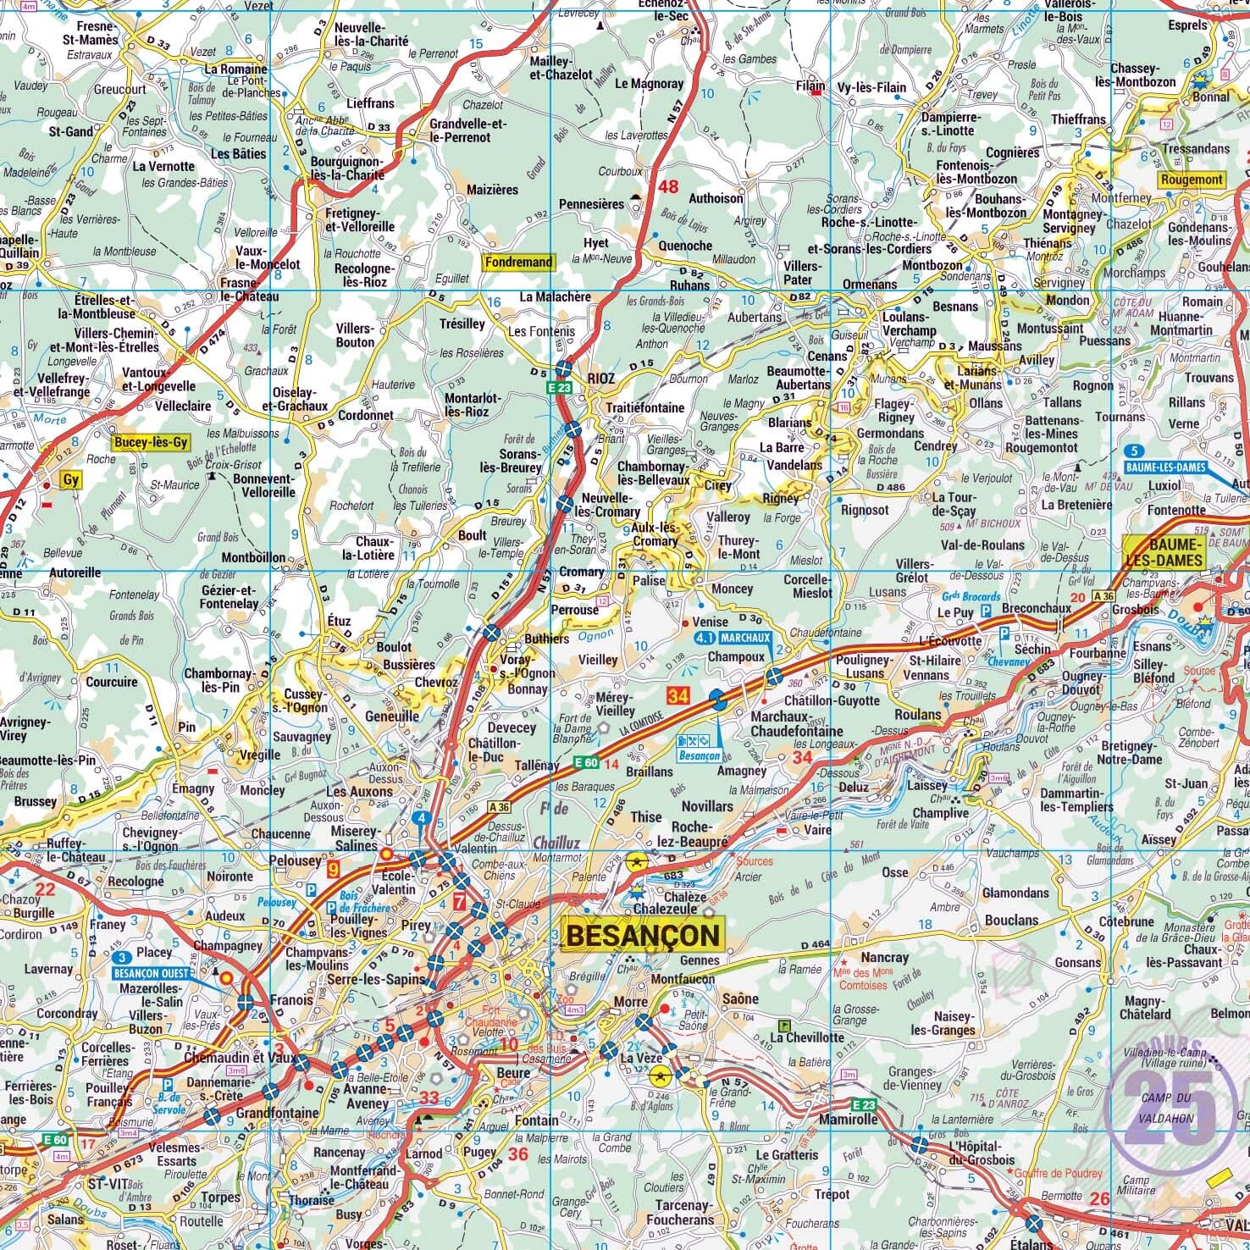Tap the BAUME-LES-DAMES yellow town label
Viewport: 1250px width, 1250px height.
pyautogui.click(x=1174, y=551)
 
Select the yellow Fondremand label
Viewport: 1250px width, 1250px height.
pyautogui.click(x=517, y=263)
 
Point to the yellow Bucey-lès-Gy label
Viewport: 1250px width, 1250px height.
pyautogui.click(x=150, y=442)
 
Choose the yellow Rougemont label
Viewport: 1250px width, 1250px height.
pyautogui.click(x=1192, y=180)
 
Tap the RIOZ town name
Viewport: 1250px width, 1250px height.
pyautogui.click(x=600, y=379)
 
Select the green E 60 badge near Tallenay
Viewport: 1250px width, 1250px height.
pyautogui.click(x=585, y=763)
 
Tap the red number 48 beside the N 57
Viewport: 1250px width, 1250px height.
pyautogui.click(x=669, y=187)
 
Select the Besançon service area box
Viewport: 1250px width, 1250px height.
pyautogui.click(x=699, y=749)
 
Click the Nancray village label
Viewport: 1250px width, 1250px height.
pyautogui.click(x=884, y=958)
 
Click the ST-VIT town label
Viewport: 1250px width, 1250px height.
pyautogui.click(x=108, y=1180)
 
